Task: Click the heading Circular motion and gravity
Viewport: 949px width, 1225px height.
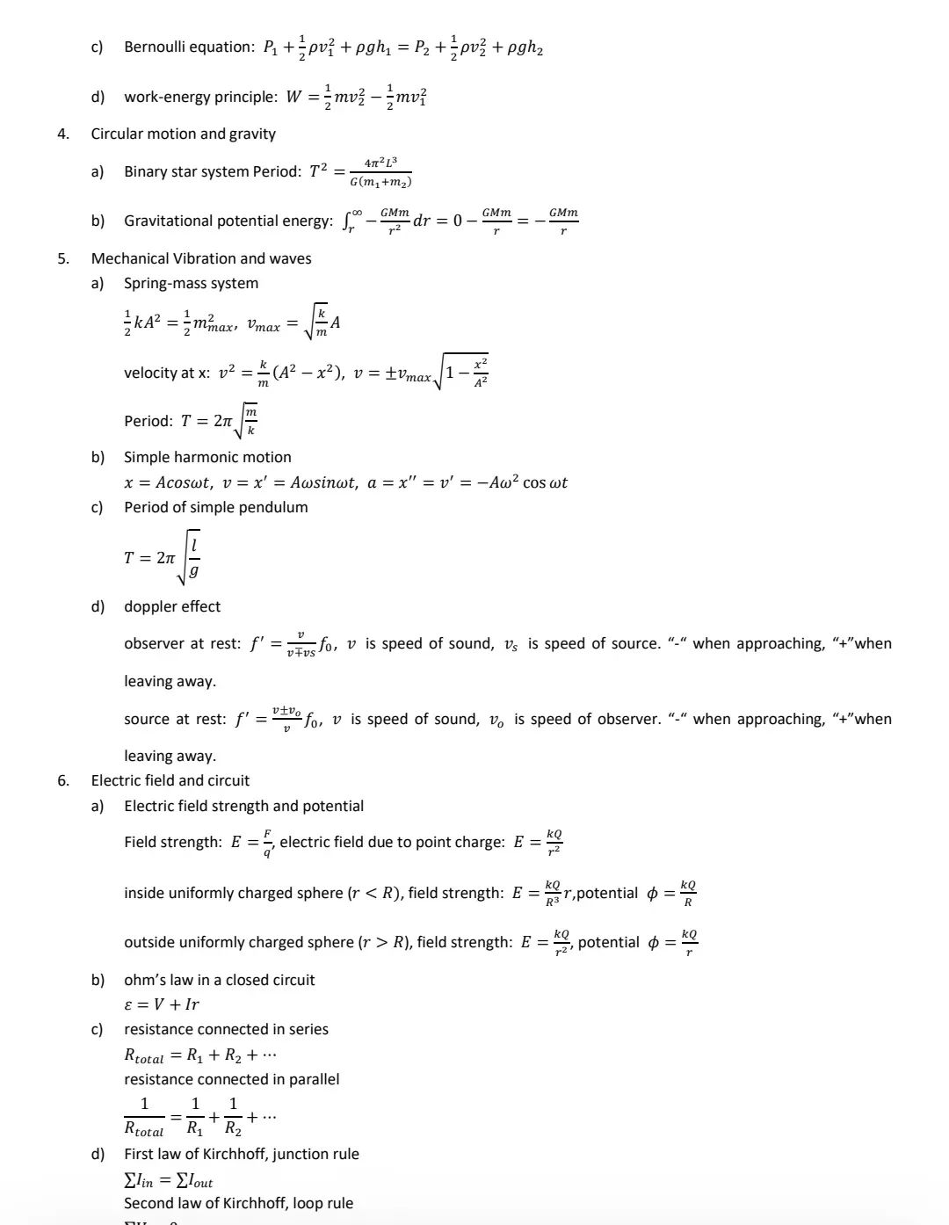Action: [183, 134]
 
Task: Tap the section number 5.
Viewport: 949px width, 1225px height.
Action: [62, 258]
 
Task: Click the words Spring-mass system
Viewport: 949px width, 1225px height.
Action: [191, 283]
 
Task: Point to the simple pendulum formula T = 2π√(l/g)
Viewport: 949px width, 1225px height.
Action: [163, 557]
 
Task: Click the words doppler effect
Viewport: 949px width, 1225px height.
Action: [172, 606]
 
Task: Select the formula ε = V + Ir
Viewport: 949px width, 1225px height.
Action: [162, 1004]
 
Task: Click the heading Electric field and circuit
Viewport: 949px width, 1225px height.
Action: [170, 780]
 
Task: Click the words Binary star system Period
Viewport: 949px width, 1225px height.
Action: [212, 171]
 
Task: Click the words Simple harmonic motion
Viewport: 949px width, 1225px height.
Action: [207, 457]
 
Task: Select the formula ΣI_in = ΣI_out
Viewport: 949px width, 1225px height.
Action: [169, 1179]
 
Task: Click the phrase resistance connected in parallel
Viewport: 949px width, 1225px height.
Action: [231, 1079]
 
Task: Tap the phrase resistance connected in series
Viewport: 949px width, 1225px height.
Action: [226, 1029]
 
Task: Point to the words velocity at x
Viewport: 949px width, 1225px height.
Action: [166, 373]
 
